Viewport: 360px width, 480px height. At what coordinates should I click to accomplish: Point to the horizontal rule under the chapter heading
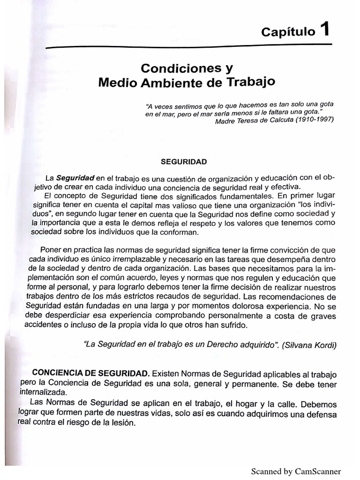187,47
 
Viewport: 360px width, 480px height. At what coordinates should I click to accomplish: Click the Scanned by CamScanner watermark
296,471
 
